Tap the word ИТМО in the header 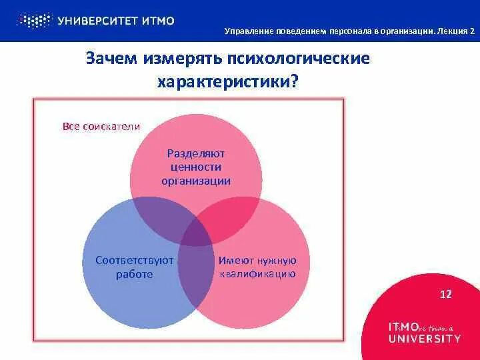[158, 21]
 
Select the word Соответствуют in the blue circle [134, 260]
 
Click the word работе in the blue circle [134, 273]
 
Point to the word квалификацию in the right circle [257, 273]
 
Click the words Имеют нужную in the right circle [257, 260]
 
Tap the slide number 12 [447, 294]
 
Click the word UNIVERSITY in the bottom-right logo [424, 338]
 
